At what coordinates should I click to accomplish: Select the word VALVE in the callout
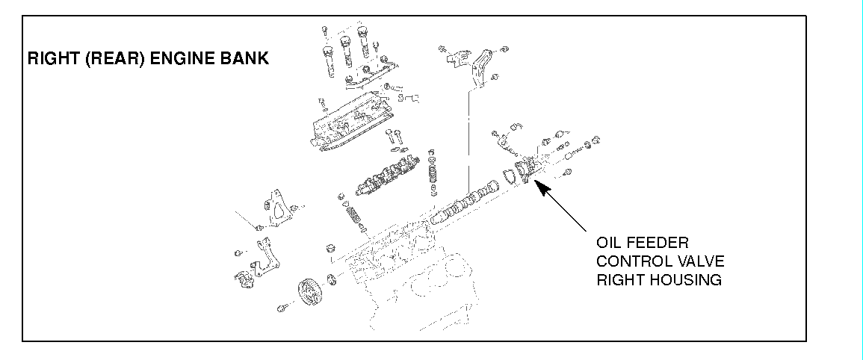point(699,261)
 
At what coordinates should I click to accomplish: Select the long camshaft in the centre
point(463,202)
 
